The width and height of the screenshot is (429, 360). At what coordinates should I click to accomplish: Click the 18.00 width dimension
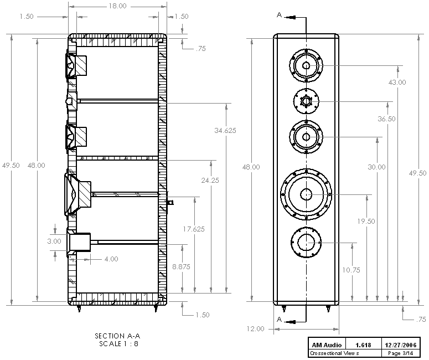117,6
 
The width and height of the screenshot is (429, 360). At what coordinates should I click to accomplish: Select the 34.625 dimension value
225,131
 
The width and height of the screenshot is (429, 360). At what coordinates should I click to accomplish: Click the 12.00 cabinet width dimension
255,328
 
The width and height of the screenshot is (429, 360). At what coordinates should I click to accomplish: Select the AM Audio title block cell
327,344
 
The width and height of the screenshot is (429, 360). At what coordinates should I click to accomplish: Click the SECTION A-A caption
117,336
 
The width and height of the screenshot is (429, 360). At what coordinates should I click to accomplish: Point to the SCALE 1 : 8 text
117,343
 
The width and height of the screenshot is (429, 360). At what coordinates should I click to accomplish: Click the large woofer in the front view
306,193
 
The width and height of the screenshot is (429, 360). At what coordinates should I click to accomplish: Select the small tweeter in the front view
306,101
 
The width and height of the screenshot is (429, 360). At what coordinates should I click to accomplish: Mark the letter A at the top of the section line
280,15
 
